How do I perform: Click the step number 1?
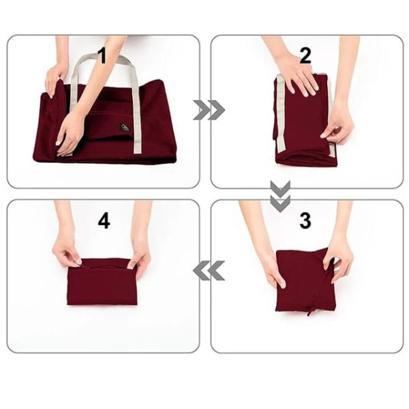(x=103, y=55)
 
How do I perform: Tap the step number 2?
(x=305, y=55)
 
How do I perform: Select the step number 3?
(x=305, y=220)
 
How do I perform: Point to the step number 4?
(x=103, y=220)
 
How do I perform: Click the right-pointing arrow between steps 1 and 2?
(x=207, y=110)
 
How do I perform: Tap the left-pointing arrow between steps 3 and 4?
(x=208, y=271)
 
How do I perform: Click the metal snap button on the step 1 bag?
(x=125, y=127)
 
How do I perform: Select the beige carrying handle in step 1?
(x=137, y=102)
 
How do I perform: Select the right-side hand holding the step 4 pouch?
(x=140, y=255)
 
